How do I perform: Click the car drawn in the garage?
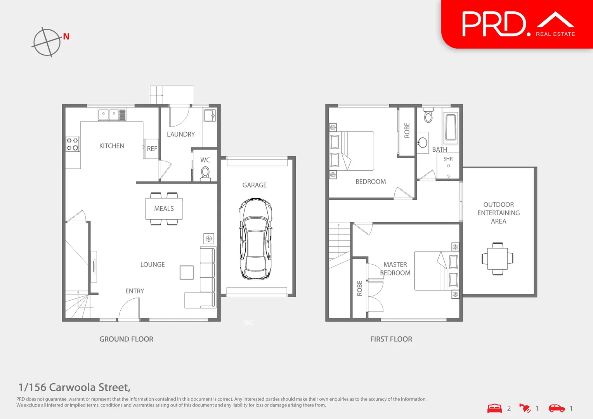tap(255, 239)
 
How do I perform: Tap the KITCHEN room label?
tap(111, 146)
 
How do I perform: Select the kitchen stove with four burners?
tap(73, 144)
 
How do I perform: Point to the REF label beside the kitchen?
tap(152, 149)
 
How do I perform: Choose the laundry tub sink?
tap(210, 115)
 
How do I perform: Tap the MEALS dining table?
tap(164, 209)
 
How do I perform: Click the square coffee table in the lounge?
tap(187, 272)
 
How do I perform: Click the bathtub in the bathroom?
tap(451, 126)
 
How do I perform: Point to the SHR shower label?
tap(448, 159)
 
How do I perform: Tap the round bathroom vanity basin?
tap(423, 142)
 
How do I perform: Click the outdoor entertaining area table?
tap(498, 258)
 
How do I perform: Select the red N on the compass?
tap(66, 36)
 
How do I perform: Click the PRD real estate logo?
tap(517, 24)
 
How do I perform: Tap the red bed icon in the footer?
tap(494, 408)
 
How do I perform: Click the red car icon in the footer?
tap(557, 408)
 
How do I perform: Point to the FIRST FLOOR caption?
tap(391, 339)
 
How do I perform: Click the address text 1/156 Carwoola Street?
tap(74, 387)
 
